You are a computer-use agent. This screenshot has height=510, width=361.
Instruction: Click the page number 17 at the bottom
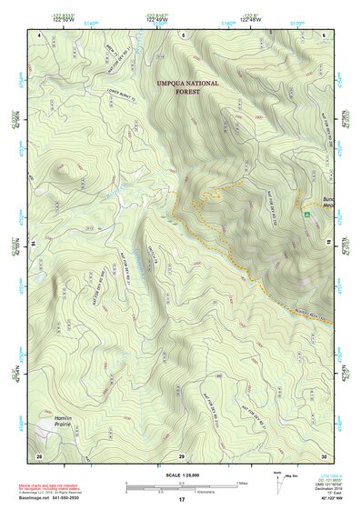tap(181, 500)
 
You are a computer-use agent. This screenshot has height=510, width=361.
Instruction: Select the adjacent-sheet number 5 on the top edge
tap(182, 34)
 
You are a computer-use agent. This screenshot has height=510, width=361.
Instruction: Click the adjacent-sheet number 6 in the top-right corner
tap(324, 34)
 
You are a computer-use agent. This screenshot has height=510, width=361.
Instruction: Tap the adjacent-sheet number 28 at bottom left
tap(38, 455)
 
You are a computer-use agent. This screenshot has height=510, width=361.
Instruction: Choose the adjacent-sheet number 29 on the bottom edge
tap(181, 455)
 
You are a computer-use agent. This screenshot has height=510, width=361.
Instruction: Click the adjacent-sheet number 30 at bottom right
tap(323, 455)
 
